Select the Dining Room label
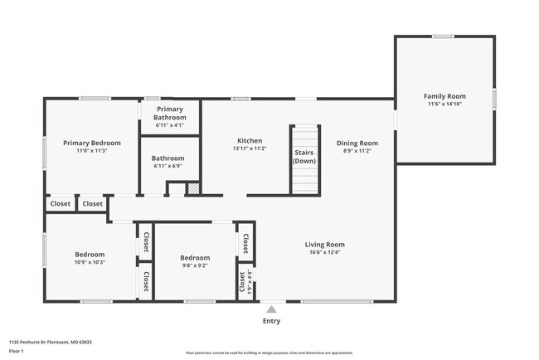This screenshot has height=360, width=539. coord(357,143)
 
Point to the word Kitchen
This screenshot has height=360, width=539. coord(250,140)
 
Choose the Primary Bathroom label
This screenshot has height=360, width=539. coord(170,114)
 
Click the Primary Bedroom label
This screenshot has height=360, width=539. coord(92,143)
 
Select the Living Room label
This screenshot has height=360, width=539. coord(324,245)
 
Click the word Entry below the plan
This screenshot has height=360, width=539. coord(271,321)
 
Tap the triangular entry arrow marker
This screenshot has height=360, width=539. coord(271,309)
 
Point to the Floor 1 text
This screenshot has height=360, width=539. coord(17,351)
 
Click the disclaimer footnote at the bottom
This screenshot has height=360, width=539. coord(269,353)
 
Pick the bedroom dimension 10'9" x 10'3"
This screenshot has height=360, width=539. coord(90,262)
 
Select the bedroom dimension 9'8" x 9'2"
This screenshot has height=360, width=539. coord(195,265)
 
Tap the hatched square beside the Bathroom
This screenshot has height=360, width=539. coord(193,189)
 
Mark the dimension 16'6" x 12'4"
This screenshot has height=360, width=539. coord(324,253)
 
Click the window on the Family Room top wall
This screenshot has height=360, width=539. coord(443,36)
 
